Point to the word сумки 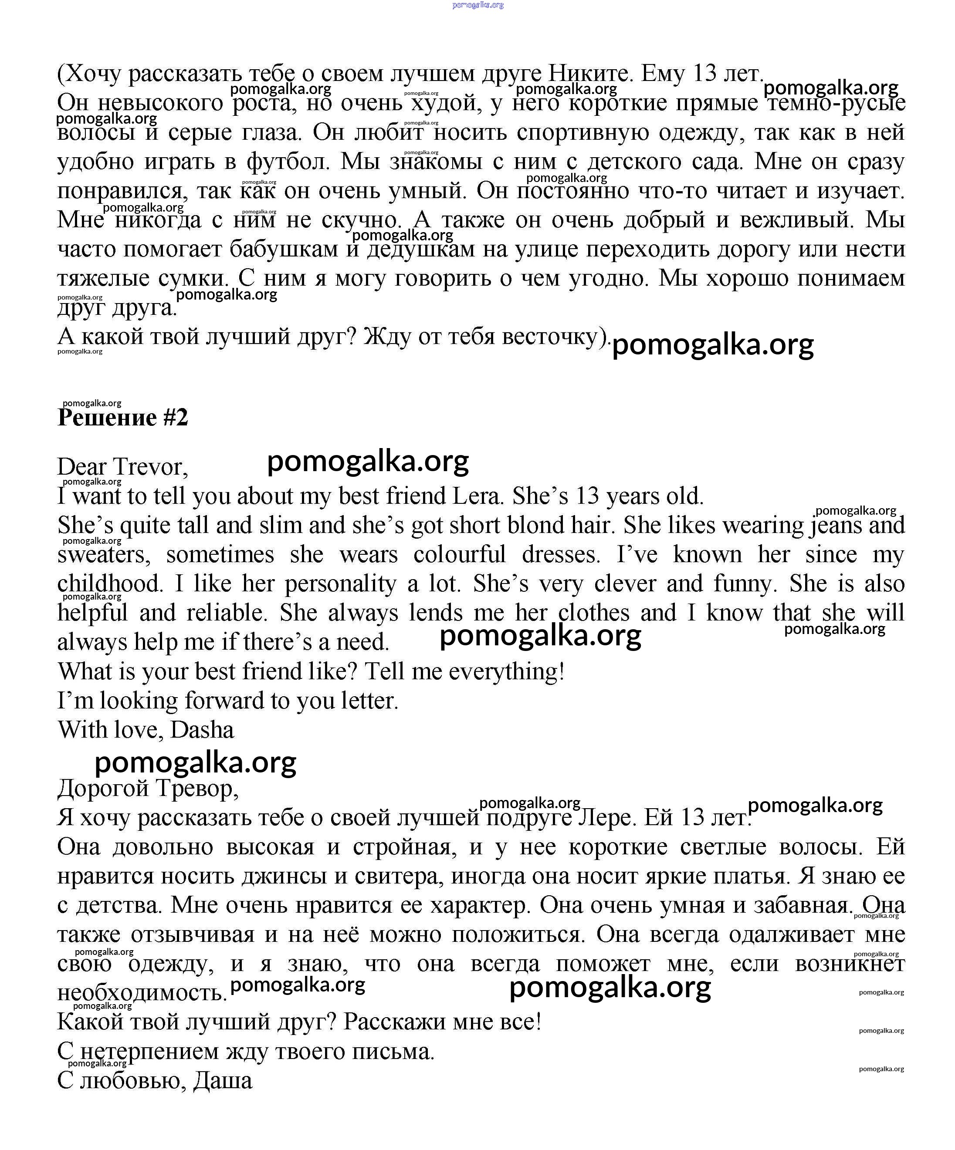coord(193,279)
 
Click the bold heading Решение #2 coord(123,417)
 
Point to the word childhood coord(110,584)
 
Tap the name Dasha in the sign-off coord(202,730)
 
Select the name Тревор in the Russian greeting coord(197,789)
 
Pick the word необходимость coord(141,993)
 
